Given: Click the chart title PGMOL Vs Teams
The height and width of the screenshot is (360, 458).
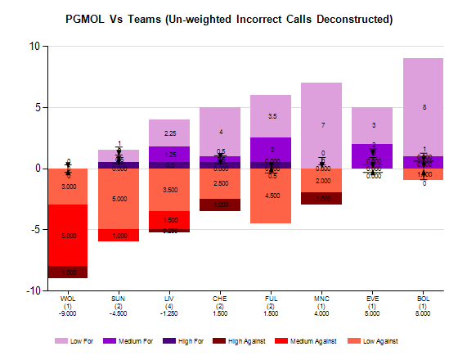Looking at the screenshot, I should point(229,17).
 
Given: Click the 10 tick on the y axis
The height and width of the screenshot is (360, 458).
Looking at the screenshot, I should point(34,46).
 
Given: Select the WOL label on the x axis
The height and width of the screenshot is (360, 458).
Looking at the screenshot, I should point(68,299).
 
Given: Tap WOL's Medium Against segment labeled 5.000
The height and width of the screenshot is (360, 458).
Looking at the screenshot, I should point(68,236).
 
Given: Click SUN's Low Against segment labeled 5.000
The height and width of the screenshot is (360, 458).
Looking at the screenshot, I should point(119,199).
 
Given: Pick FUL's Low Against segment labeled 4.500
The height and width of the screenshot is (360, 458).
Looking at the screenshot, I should point(272,196).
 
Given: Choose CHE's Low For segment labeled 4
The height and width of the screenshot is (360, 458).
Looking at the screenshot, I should point(221,132).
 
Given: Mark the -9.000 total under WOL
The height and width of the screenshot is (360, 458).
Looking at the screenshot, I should point(68,313).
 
